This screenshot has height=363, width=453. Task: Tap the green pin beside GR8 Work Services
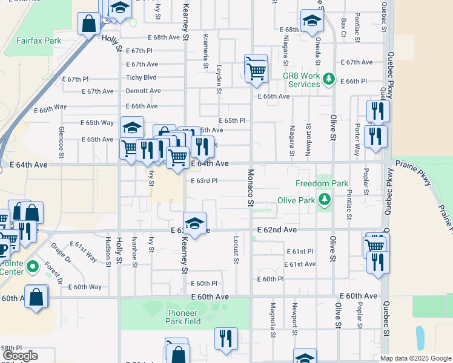pyautogui.click(x=329, y=79)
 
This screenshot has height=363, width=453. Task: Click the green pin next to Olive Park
pyautogui.click(x=325, y=199)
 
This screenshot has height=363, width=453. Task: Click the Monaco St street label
pyautogui.click(x=250, y=187)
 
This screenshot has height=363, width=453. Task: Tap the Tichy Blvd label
pyautogui.click(x=141, y=77)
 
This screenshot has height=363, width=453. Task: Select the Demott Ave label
pyautogui.click(x=143, y=91)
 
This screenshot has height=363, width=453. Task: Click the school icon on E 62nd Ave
pyautogui.click(x=194, y=223)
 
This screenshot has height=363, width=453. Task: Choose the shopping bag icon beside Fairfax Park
pyautogui.click(x=89, y=25)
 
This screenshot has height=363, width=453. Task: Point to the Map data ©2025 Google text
pyautogui.click(x=415, y=358)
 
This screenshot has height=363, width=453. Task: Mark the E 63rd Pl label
pyautogui.click(x=204, y=181)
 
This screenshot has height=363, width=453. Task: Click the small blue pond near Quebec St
pyautogui.click(x=420, y=336)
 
